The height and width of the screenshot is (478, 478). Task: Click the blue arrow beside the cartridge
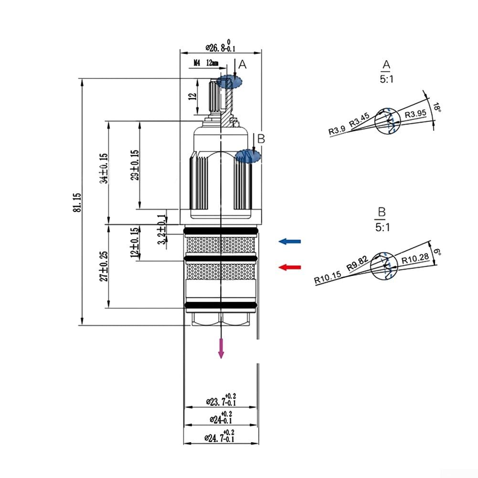tap(290, 242)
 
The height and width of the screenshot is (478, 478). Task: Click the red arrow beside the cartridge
tap(290, 267)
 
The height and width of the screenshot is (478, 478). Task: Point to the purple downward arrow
tap(221, 348)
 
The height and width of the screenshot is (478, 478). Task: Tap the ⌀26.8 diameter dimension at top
tap(220, 47)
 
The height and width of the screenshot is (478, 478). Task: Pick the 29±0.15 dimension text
tap(135, 165)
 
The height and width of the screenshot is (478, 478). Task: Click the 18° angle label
tap(436, 108)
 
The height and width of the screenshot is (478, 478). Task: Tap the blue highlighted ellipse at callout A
tap(230, 82)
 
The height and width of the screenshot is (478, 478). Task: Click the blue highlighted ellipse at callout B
tap(248, 156)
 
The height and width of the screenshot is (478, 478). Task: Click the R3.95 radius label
tap(415, 115)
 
